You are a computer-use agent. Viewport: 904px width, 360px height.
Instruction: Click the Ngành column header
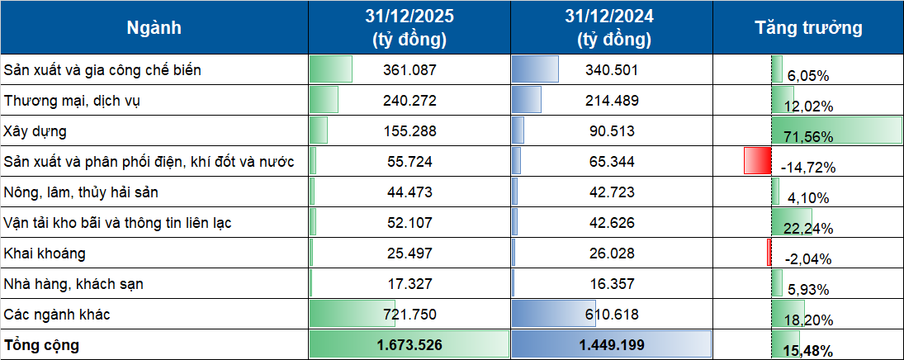(154, 28)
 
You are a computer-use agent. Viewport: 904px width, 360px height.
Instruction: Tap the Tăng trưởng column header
(808, 28)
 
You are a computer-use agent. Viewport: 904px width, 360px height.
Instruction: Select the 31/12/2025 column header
(409, 28)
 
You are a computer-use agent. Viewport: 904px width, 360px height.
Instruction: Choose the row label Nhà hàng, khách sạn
(73, 284)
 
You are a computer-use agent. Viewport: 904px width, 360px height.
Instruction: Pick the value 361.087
(409, 70)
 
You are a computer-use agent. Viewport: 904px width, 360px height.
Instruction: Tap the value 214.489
(612, 101)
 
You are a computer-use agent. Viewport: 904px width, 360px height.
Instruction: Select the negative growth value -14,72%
(807, 168)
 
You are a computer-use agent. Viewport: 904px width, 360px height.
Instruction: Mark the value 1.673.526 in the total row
(409, 345)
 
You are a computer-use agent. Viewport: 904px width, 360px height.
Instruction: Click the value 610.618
(612, 315)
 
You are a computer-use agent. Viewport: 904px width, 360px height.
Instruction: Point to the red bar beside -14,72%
(756, 160)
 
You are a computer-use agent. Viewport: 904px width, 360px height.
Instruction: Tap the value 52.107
(409, 223)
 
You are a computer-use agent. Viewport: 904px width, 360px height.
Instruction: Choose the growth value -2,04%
(803, 259)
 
